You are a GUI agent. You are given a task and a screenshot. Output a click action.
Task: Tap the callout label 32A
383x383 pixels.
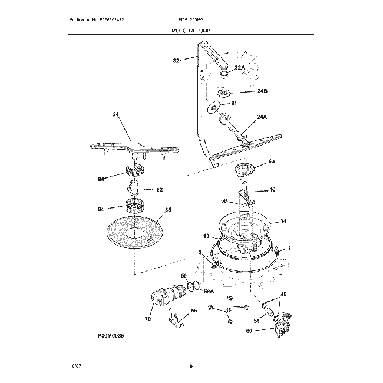click(240, 68)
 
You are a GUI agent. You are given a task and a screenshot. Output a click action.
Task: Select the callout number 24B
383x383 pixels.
click(262, 91)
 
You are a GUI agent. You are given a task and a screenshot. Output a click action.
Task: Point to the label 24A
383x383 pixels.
click(262, 117)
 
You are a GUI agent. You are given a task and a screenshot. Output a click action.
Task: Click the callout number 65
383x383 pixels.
click(168, 210)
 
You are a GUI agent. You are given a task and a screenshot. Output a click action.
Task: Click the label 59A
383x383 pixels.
click(207, 290)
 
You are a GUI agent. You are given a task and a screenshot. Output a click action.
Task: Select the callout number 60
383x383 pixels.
click(265, 331)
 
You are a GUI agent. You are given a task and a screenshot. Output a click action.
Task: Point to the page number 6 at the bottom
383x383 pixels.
click(191, 367)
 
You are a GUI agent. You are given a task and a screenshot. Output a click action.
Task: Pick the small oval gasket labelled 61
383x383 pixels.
click(214, 108)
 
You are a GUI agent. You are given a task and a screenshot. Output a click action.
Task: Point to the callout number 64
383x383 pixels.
click(101, 209)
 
